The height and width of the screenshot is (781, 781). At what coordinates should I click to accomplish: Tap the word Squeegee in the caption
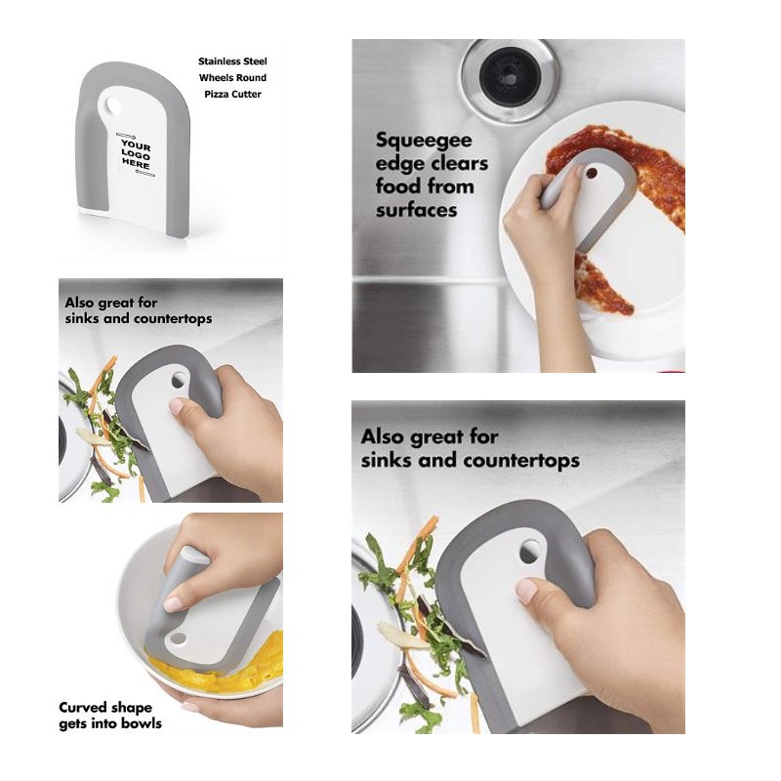pyautogui.click(x=424, y=141)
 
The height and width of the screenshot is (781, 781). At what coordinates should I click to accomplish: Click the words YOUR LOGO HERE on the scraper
pyautogui.click(x=136, y=154)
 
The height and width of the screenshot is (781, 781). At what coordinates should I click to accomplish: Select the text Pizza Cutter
pyautogui.click(x=232, y=94)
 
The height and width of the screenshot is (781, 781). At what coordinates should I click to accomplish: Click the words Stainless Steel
pyautogui.click(x=232, y=62)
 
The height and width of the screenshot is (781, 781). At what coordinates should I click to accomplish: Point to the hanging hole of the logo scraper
pyautogui.click(x=113, y=105)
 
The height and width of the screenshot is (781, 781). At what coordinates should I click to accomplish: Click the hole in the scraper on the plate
pyautogui.click(x=592, y=174)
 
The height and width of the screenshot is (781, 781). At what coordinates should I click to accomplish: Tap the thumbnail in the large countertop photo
pyautogui.click(x=526, y=591)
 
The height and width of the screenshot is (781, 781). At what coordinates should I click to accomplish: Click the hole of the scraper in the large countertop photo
pyautogui.click(x=528, y=552)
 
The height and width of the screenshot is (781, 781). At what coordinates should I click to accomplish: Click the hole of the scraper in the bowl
pyautogui.click(x=178, y=638)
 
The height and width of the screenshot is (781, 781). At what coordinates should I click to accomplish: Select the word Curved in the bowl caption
pyautogui.click(x=79, y=707)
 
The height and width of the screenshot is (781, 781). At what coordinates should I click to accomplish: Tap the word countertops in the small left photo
pyautogui.click(x=175, y=318)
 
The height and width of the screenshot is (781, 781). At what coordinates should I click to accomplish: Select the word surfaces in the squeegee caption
pyautogui.click(x=417, y=210)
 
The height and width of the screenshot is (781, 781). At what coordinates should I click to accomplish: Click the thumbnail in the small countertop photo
pyautogui.click(x=177, y=405)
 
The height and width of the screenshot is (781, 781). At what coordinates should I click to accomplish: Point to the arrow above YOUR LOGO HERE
pyautogui.click(x=126, y=135)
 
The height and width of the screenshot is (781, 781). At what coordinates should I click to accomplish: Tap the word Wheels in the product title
pyautogui.click(x=215, y=78)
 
